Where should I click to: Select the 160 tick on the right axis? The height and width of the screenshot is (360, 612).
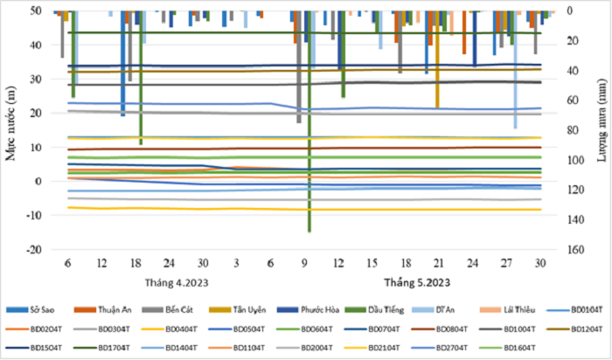coord(574,250)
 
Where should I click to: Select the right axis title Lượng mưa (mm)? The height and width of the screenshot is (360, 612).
coord(601,131)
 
